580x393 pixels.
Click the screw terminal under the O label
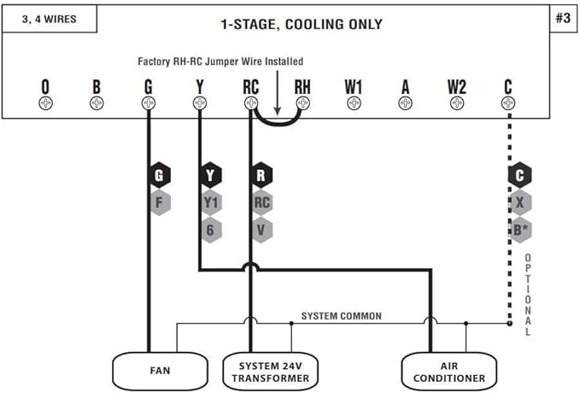(45, 103)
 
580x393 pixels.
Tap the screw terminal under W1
(354, 103)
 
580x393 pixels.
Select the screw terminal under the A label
(406, 103)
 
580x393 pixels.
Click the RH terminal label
(302, 87)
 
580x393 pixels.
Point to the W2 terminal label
(457, 87)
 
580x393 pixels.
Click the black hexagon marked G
(159, 175)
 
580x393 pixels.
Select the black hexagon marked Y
(210, 175)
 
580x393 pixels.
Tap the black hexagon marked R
(261, 175)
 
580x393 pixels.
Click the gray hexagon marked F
(159, 202)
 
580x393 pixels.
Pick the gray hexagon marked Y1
(210, 202)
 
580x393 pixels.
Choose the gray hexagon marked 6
(210, 230)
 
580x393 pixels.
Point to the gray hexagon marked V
(261, 230)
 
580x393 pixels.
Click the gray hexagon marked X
(519, 202)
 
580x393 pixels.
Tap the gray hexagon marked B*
(519, 230)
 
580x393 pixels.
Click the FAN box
(160, 371)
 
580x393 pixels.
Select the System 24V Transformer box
(271, 371)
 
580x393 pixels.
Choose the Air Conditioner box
(449, 371)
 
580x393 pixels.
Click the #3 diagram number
(564, 18)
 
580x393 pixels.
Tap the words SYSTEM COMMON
(342, 316)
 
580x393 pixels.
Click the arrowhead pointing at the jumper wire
(278, 111)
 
